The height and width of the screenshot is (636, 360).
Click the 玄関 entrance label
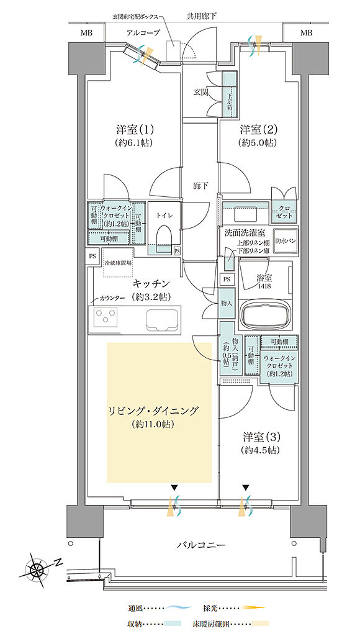coord(200,93)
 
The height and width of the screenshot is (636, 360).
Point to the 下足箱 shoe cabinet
coord(229,99)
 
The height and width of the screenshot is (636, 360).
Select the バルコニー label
coord(200,545)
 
